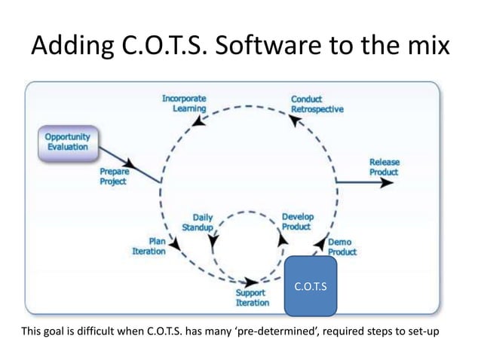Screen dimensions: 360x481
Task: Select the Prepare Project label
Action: [x=115, y=176]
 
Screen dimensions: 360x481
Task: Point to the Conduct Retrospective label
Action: [x=317, y=103]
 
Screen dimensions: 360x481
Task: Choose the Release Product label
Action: [x=384, y=167]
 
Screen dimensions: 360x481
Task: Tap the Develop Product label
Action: [x=298, y=221]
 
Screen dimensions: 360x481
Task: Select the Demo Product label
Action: [x=342, y=247]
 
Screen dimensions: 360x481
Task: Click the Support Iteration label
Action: [x=253, y=297]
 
